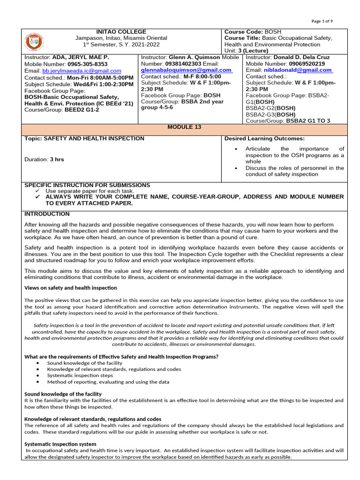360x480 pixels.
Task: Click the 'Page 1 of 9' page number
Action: [x=322, y=22]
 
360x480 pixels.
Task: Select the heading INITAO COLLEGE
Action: [x=122, y=31]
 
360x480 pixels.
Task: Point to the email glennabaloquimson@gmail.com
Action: [x=186, y=70]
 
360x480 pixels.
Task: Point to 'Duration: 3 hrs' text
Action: [x=44, y=159]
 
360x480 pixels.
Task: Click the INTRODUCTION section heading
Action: [x=47, y=214]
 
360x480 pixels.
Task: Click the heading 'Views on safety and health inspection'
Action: [x=70, y=288]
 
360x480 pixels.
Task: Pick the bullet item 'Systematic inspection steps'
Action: [x=80, y=375]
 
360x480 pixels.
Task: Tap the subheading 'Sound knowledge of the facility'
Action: [x=63, y=394]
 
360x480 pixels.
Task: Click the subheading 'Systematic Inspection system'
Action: [x=60, y=444]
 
